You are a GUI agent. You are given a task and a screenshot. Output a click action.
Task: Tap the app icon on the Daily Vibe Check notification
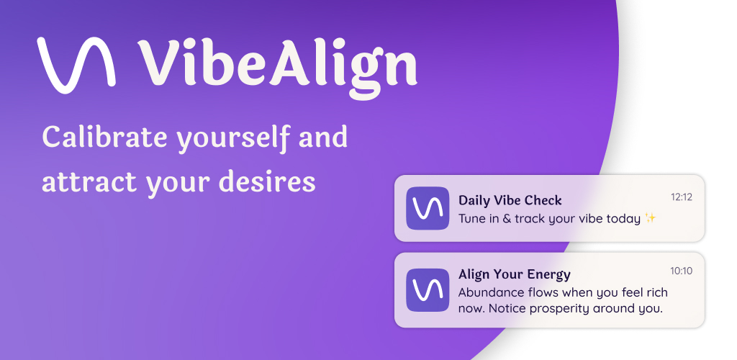coord(428,208)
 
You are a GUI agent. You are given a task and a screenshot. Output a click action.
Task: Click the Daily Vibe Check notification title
coord(510,200)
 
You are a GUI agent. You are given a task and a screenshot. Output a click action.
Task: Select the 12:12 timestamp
coord(682,197)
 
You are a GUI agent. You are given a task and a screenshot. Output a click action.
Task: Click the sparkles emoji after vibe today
coord(650,218)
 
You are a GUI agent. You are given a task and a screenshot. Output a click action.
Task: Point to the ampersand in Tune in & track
coord(505,219)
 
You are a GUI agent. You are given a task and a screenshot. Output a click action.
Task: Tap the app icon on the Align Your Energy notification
coord(428,290)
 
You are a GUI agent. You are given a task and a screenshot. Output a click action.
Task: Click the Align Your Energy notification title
coord(514,274)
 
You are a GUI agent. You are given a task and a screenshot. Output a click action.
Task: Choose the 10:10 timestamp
coord(682,271)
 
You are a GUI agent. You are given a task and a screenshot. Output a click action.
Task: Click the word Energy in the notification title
coord(546,275)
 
